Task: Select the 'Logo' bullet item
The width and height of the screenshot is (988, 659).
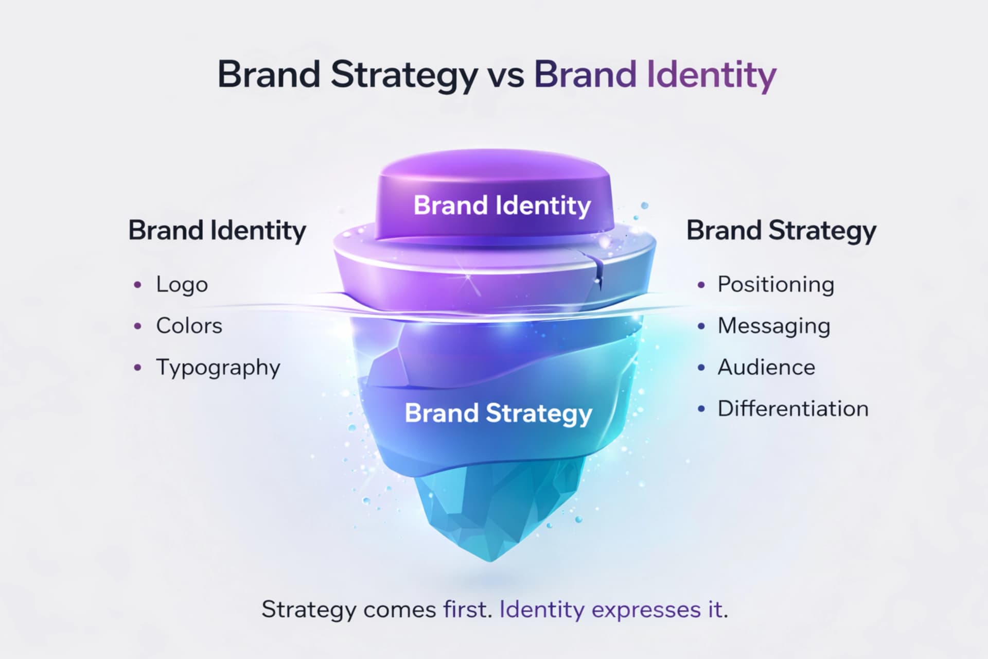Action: [x=182, y=285]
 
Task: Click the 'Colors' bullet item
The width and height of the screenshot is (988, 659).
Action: [x=189, y=326]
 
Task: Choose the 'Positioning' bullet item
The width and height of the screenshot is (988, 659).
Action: [x=775, y=285]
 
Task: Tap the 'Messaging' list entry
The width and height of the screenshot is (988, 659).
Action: [x=773, y=326]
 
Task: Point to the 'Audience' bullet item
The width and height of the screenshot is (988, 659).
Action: [x=766, y=368]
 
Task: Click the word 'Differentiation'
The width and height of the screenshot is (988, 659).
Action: [x=793, y=409]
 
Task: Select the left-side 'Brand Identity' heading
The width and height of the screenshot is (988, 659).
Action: [x=217, y=230]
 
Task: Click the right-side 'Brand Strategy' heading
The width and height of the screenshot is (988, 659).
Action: [x=781, y=230]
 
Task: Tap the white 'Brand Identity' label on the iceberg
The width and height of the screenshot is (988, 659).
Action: [x=502, y=205]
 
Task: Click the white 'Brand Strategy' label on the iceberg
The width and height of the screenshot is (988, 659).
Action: [x=498, y=413]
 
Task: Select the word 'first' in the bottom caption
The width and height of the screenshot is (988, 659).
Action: [x=465, y=610]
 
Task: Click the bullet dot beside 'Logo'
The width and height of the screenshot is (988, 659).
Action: [x=137, y=285]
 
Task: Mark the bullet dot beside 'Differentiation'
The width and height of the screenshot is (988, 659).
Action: [x=701, y=409]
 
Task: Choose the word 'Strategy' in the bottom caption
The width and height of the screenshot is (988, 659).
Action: [x=309, y=610]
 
